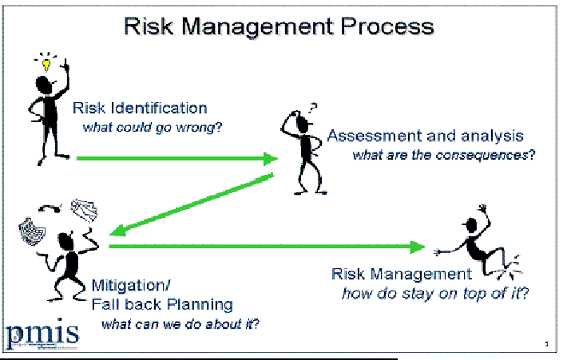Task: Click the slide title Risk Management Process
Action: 279,26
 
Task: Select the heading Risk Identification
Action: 140,109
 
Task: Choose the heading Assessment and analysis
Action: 425,135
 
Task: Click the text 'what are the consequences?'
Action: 443,154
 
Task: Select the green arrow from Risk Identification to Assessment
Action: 176,159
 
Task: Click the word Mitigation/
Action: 130,285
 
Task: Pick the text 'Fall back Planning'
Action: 162,304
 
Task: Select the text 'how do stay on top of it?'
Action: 435,293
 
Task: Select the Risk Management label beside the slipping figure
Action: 395,275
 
